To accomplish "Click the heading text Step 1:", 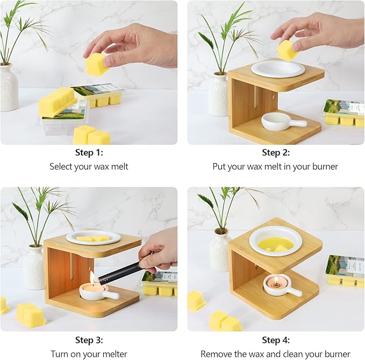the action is click(x=89, y=153).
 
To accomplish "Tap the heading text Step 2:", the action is click(x=276, y=153).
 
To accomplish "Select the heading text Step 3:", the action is click(x=89, y=340).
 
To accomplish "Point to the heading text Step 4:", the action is click(x=276, y=340).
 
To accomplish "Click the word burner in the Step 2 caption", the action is click(x=325, y=167).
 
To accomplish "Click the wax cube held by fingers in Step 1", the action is click(x=97, y=65).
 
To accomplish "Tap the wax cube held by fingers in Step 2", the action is click(x=288, y=50).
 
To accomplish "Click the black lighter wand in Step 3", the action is click(x=120, y=272).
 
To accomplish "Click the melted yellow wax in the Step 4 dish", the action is click(x=276, y=245).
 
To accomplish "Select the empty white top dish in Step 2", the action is click(x=278, y=68).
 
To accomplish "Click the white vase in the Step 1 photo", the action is click(x=9, y=87).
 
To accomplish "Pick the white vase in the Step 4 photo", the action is click(x=219, y=250).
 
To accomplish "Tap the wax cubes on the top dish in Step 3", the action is click(x=93, y=239).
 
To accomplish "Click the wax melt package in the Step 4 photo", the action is click(x=345, y=270).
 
